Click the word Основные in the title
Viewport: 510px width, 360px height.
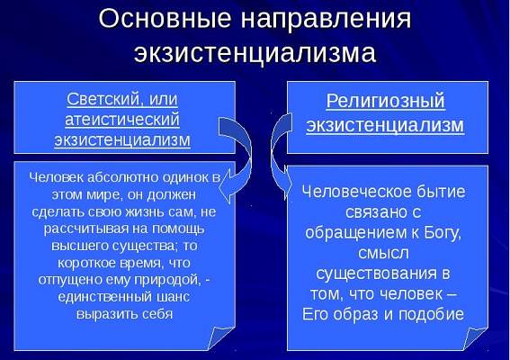tap(165, 18)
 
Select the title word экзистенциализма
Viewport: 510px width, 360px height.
tap(255, 52)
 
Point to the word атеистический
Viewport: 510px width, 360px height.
tap(122, 119)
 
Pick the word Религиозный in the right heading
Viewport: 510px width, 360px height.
tap(386, 101)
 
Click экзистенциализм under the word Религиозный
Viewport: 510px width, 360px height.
tap(385, 125)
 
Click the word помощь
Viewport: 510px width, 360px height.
tap(178, 229)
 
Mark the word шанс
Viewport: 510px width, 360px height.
tap(174, 297)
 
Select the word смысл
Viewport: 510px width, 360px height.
tap(383, 253)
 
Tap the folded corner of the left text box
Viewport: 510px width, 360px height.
tap(221, 338)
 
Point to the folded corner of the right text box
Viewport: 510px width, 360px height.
tap(475, 338)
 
